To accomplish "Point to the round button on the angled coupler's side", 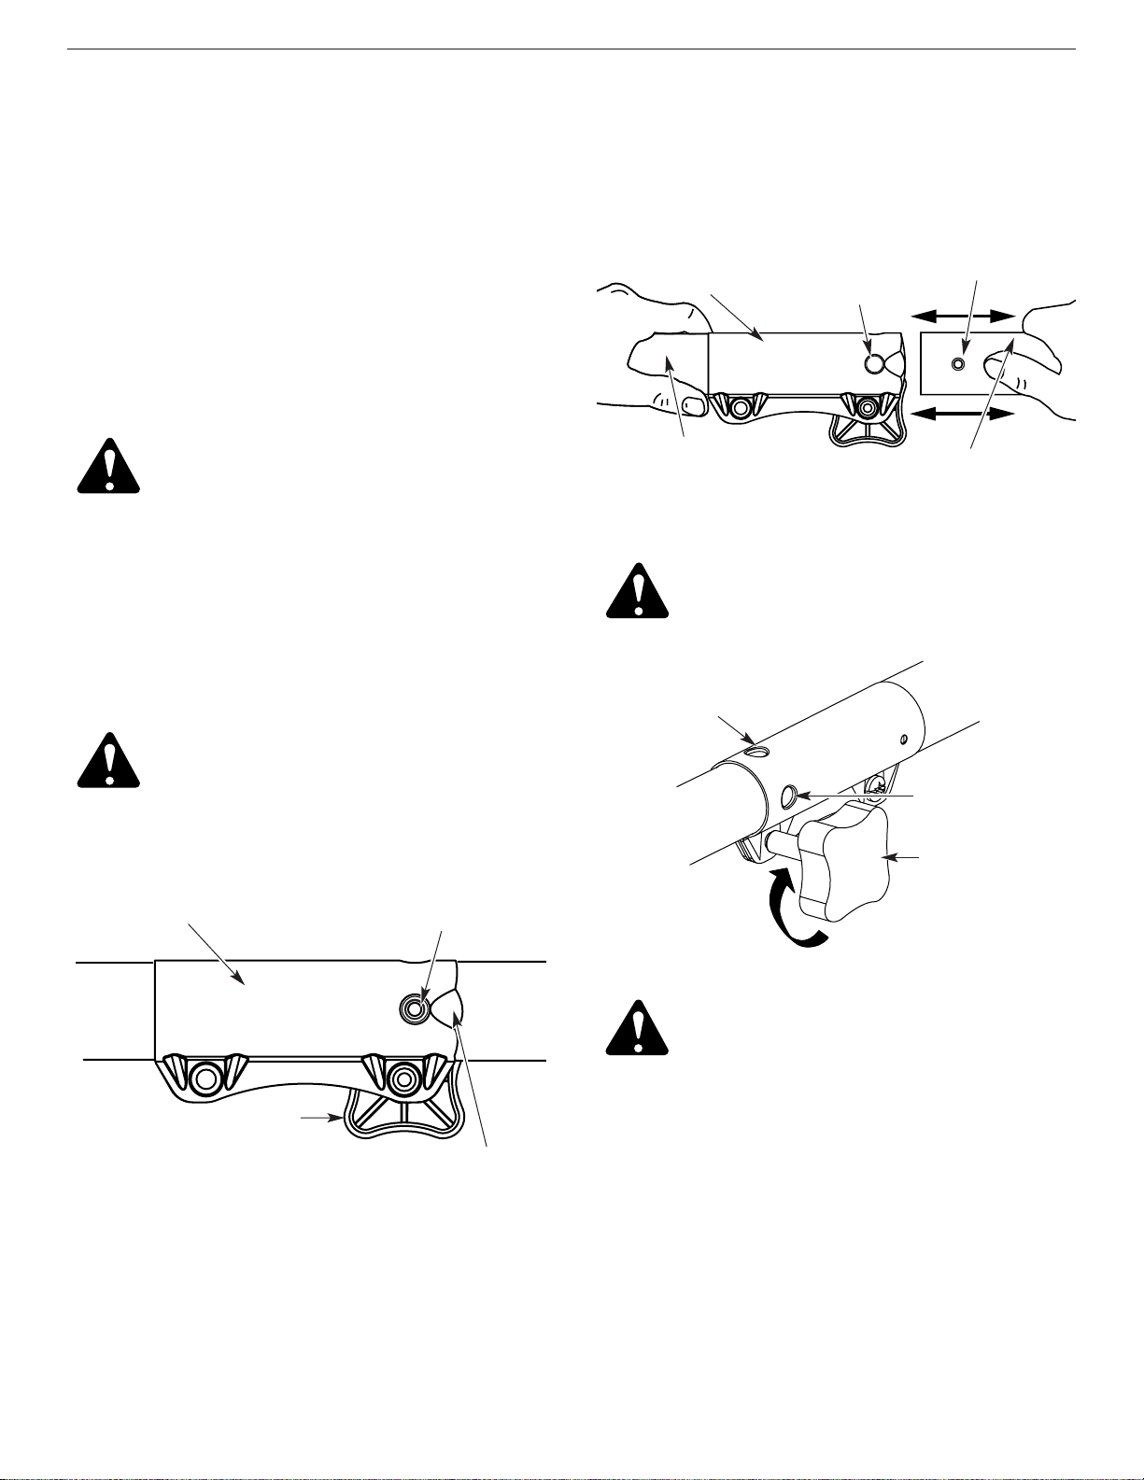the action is pos(788,796).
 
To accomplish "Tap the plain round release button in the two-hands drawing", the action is pos(874,363).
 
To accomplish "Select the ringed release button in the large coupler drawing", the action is pos(414,1006).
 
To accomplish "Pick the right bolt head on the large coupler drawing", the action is pos(403,1079).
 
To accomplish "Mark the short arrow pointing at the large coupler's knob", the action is pos(319,1116).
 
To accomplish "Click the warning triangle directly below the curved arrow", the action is pos(637,1027).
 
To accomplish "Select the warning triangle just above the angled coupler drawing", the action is pos(637,590).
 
